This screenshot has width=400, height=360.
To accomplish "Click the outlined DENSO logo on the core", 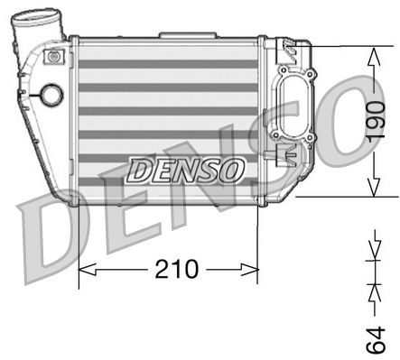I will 185,169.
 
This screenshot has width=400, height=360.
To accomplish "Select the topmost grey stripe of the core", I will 169,65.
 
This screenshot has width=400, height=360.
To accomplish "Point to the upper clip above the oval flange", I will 291,46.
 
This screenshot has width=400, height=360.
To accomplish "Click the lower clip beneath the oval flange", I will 290,153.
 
